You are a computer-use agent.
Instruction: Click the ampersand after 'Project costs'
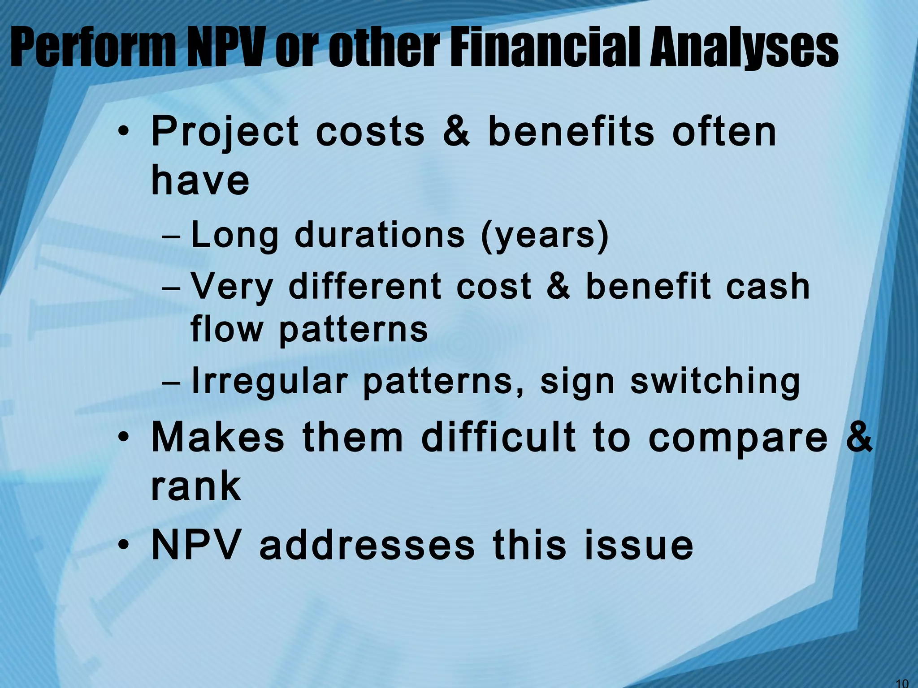point(457,132)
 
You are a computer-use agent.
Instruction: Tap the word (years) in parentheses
point(545,236)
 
